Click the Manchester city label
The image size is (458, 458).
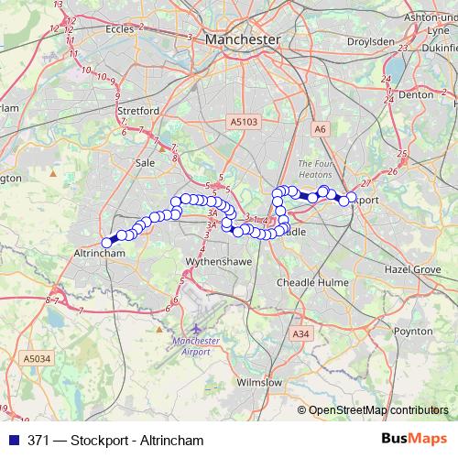243,39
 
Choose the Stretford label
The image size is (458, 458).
139,111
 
